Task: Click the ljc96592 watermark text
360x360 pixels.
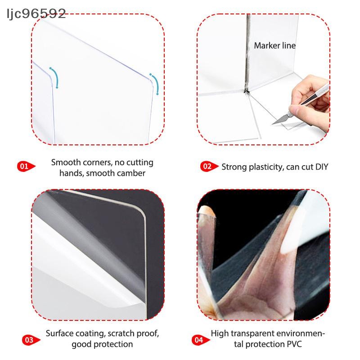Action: click(36, 14)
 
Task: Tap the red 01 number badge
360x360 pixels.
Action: click(26, 166)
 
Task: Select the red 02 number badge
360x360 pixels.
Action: click(209, 166)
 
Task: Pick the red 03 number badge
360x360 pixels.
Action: click(31, 340)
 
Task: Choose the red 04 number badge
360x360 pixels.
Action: click(201, 340)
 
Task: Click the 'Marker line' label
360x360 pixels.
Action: click(274, 45)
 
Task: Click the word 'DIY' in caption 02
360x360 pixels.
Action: click(322, 167)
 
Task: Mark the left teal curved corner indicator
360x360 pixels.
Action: click(55, 77)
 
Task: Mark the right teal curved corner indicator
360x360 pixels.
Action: click(155, 84)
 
